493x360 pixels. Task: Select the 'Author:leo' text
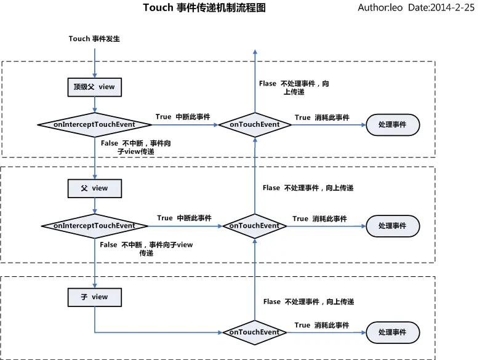[x=380, y=8]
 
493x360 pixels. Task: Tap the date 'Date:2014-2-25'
[x=441, y=8]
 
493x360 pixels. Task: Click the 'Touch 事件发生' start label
[x=94, y=39]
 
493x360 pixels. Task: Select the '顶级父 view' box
[x=94, y=87]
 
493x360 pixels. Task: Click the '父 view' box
[x=94, y=188]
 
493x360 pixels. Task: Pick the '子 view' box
[x=94, y=297]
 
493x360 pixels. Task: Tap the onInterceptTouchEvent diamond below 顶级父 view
[x=94, y=125]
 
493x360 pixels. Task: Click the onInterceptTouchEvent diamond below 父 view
[x=94, y=226]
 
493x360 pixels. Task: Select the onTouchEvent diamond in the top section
[x=254, y=125]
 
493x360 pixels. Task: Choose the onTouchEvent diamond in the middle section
[x=254, y=226]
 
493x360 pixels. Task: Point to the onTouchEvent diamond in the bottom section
[x=254, y=332]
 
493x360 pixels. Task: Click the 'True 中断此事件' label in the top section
[x=183, y=117]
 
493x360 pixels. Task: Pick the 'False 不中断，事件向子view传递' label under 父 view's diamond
[x=146, y=249]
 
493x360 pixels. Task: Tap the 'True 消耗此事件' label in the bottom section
[x=322, y=325]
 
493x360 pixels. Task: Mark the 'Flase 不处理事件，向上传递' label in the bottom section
[x=308, y=302]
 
